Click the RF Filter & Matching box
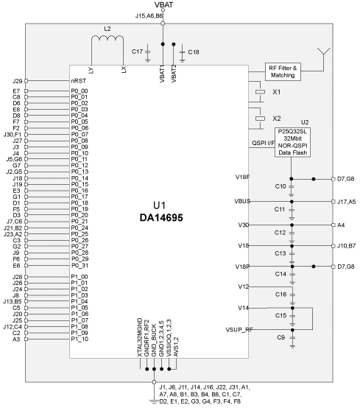(283, 71)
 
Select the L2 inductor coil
(107, 39)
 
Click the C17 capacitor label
(137, 52)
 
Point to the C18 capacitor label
(194, 52)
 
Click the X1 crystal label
(277, 92)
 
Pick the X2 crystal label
(277, 119)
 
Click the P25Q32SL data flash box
(292, 142)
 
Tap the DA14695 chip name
(161, 217)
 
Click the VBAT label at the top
(163, 4)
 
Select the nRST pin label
(79, 81)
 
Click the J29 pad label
(17, 81)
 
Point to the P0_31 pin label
(80, 265)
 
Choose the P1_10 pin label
(80, 339)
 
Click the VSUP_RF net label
(239, 330)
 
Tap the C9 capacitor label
(280, 337)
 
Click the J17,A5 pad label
(346, 202)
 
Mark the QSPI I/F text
(263, 143)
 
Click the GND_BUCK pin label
(154, 340)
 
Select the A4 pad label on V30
(341, 225)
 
